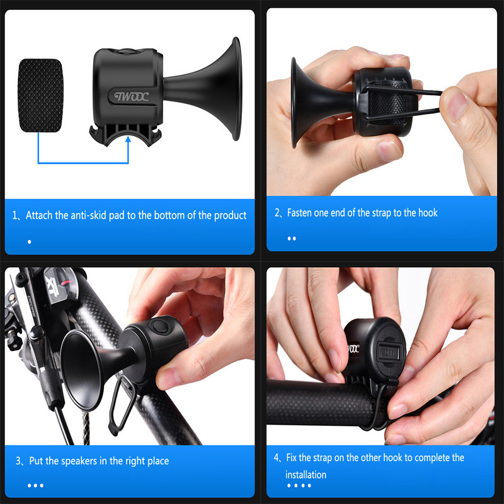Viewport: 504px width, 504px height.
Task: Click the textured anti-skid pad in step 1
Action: tap(40, 96)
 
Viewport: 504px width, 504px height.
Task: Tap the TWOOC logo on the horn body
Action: tap(132, 96)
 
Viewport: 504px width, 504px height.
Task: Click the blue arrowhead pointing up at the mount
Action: tap(129, 139)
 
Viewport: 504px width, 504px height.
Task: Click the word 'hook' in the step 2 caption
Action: tap(427, 212)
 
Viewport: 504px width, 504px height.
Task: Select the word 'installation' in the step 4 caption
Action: tap(306, 475)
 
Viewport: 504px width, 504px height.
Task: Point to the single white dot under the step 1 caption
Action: tap(30, 242)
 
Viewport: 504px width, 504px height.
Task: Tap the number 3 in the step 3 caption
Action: tap(18, 461)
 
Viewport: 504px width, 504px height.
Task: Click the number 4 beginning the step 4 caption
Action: tap(276, 458)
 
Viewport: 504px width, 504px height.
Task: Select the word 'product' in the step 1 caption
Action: tap(230, 215)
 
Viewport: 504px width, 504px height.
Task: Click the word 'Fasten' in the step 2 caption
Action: tap(298, 212)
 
